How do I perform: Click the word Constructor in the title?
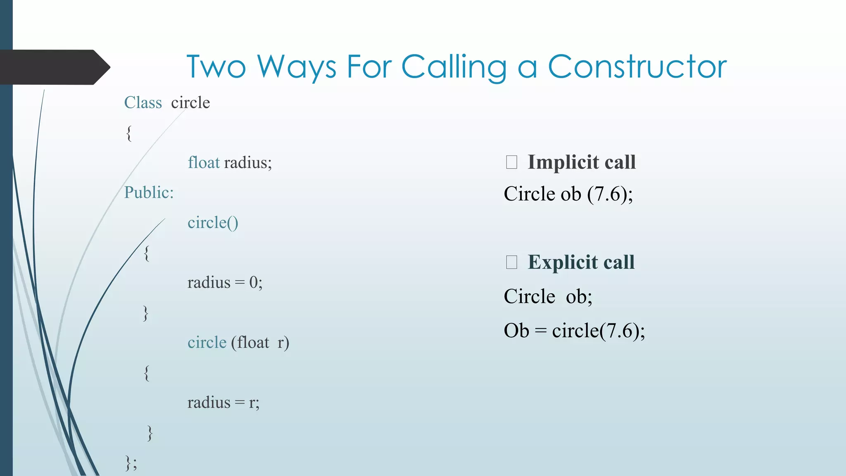click(637, 67)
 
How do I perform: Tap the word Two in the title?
click(216, 67)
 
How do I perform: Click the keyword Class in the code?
click(143, 102)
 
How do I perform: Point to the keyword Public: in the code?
click(149, 193)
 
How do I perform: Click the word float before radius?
click(204, 162)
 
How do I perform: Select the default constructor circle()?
click(213, 223)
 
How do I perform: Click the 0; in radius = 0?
click(256, 283)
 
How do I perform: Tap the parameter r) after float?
click(283, 343)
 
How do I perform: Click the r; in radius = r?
click(254, 402)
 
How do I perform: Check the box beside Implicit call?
click(511, 162)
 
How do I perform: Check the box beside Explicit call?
click(511, 262)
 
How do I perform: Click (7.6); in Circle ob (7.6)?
click(610, 194)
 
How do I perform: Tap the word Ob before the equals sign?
click(516, 331)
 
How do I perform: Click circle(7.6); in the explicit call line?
click(598, 331)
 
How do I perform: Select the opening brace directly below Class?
click(129, 133)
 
